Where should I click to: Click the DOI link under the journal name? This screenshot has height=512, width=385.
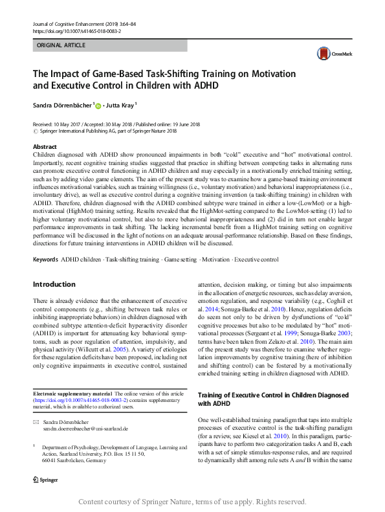point(76,30)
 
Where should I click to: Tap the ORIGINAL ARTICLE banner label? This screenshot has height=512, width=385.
point(61,46)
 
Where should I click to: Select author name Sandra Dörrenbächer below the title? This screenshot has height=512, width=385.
point(63,104)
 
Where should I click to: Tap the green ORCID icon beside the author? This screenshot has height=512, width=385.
point(99,104)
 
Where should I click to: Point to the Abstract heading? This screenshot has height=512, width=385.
point(45,147)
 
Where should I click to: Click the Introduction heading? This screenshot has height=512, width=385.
point(54,284)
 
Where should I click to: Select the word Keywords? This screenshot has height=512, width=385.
point(45,260)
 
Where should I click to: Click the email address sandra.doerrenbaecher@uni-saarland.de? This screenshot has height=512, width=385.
point(85,429)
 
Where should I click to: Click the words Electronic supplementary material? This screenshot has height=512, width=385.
point(72,394)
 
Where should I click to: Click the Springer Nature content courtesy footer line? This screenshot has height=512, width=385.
point(192,501)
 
